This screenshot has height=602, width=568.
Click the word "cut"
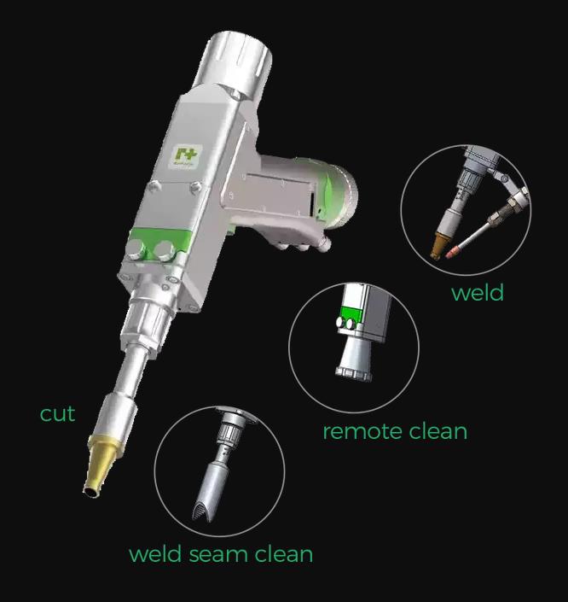57,414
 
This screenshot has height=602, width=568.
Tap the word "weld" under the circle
477,293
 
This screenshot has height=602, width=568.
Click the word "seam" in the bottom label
221,554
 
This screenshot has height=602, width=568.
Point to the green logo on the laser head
184,155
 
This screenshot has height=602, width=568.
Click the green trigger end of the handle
339,193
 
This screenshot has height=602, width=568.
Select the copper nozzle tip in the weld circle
441,248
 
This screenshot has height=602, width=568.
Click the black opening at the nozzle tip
89,489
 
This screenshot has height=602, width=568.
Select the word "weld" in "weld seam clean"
155,554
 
